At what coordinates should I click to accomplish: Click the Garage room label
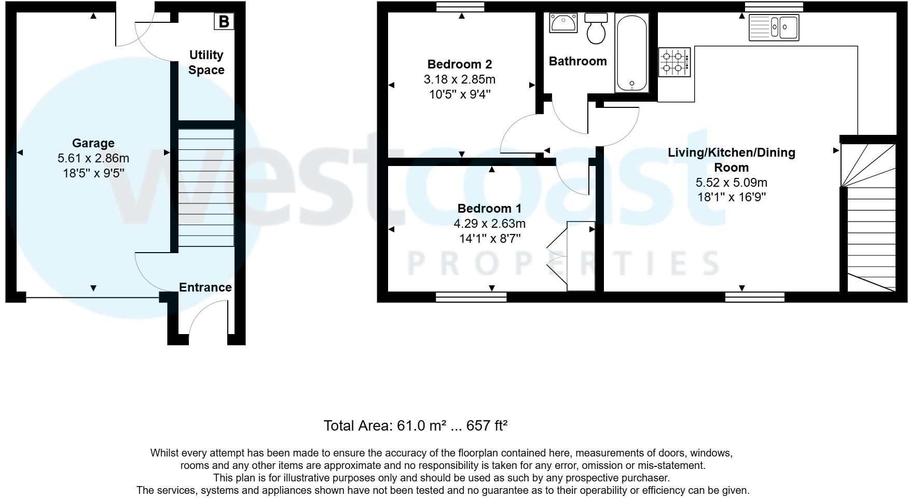click(x=93, y=143)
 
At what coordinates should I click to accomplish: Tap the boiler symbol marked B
click(x=224, y=22)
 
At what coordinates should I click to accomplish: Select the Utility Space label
click(x=206, y=62)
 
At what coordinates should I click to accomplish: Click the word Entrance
click(x=205, y=287)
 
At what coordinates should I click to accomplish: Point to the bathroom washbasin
click(x=563, y=23)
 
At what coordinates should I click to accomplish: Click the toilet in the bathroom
click(x=596, y=29)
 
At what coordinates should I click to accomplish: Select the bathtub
click(x=631, y=53)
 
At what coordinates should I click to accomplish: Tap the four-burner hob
click(x=674, y=62)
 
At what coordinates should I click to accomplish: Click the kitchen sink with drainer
click(x=774, y=27)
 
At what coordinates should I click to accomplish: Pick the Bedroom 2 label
click(x=459, y=64)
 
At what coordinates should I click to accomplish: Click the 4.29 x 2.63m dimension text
click(x=489, y=224)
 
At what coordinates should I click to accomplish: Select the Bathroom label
click(x=577, y=61)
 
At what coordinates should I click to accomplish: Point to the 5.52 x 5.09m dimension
click(x=731, y=183)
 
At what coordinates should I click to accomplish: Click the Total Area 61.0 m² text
click(x=415, y=426)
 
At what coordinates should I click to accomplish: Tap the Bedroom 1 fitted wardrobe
click(x=581, y=256)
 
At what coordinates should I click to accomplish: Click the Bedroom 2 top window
click(x=460, y=7)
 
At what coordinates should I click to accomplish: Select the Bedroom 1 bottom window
click(x=471, y=297)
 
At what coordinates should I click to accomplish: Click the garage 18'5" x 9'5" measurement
click(x=93, y=173)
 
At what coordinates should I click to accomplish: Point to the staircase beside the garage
click(x=206, y=187)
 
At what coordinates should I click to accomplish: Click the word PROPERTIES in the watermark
click(x=563, y=263)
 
